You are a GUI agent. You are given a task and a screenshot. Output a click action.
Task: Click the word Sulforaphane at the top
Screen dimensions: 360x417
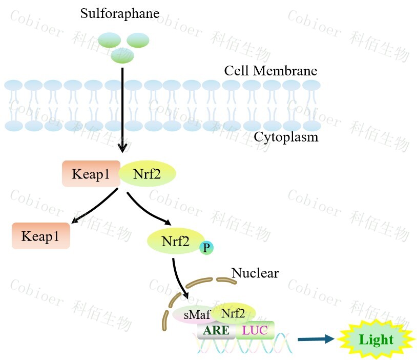[120, 13]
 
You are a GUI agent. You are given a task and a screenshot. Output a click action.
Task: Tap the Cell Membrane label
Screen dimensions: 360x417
[270, 71]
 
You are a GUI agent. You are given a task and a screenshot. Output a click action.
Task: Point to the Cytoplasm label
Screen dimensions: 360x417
[286, 137]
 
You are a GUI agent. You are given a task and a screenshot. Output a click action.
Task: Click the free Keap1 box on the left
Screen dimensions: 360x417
[40, 236]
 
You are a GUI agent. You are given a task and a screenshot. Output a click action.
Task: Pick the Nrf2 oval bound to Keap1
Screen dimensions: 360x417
[148, 174]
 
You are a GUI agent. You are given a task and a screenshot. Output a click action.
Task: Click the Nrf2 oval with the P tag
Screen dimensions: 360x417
[175, 241]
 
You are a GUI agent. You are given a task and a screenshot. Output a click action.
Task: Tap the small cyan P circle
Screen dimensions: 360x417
[206, 248]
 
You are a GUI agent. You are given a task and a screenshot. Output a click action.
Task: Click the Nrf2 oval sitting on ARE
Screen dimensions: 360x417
[233, 312]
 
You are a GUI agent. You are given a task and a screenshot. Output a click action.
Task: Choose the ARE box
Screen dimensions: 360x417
[216, 330]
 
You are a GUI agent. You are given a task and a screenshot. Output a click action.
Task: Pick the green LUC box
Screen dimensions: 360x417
[255, 330]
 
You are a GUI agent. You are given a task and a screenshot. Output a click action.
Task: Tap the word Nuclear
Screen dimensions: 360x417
[255, 273]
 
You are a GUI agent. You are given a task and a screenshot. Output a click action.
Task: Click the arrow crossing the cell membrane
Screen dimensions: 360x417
[122, 108]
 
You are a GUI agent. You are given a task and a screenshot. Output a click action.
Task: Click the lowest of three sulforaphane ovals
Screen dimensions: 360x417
[122, 56]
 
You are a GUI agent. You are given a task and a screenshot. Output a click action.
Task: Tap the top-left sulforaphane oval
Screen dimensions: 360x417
[109, 40]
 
